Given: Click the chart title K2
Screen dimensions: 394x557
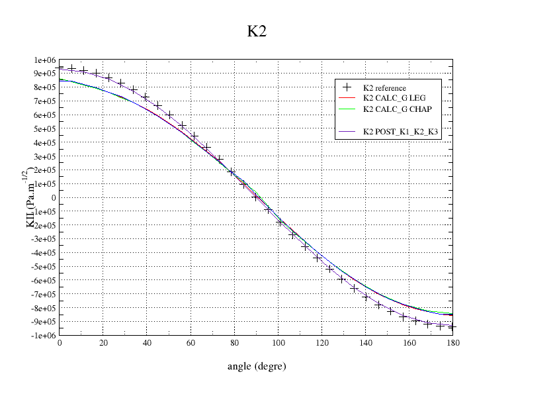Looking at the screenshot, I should [x=257, y=32].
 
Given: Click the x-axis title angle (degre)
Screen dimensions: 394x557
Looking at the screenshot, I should [x=257, y=366].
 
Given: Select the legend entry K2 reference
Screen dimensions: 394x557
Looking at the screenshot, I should [x=384, y=88].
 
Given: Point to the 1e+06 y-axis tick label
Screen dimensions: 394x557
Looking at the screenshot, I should [x=44, y=60].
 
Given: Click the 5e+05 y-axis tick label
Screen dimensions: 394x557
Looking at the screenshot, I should [x=44, y=129].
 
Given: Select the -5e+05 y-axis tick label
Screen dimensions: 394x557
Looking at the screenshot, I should [x=42, y=267].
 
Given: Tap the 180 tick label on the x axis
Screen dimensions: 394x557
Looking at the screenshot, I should [x=453, y=344].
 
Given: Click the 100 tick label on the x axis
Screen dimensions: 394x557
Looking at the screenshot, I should [x=278, y=344].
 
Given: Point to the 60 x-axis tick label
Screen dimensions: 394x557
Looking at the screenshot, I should [x=191, y=344].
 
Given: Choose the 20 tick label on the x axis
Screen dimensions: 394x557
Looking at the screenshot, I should [x=103, y=344].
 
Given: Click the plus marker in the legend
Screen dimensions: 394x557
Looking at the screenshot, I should [x=347, y=88].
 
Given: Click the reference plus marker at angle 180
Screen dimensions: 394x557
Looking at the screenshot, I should [x=453, y=327].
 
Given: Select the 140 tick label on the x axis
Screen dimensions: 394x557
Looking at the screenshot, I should [x=365, y=344].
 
